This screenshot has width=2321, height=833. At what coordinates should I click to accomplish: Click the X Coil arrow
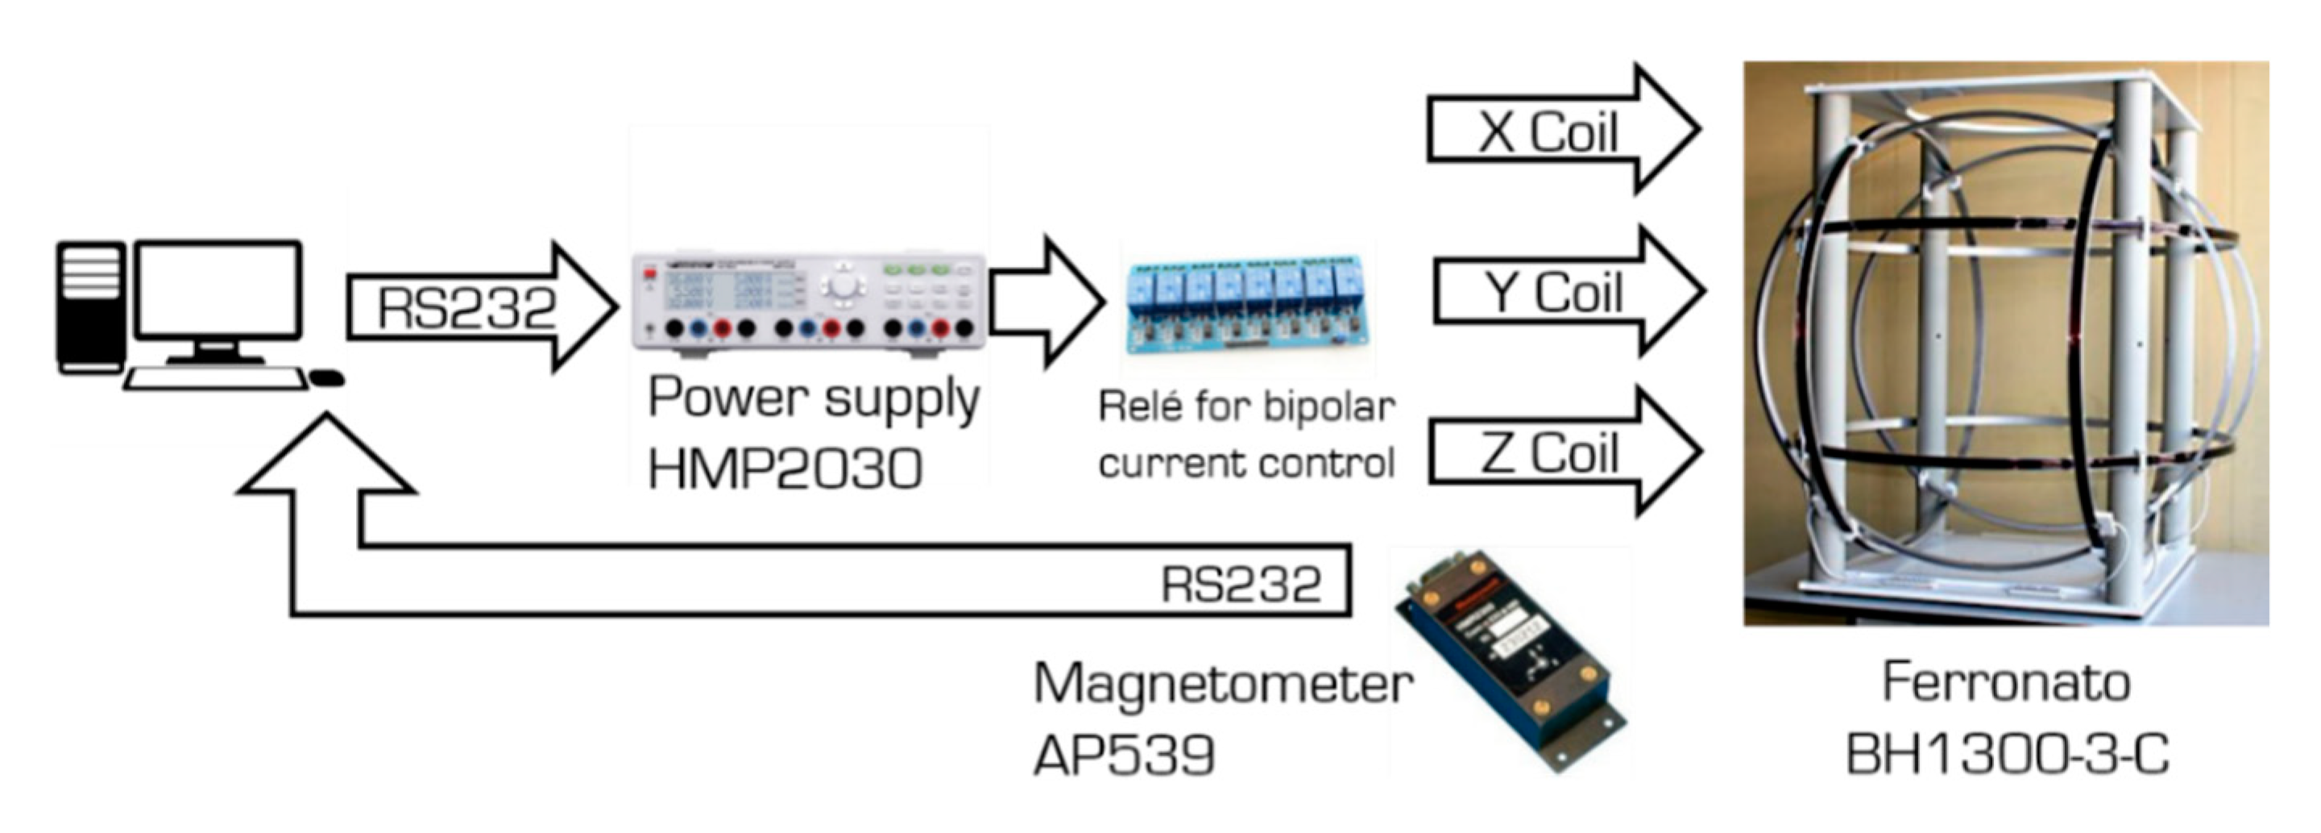[x=1563, y=129]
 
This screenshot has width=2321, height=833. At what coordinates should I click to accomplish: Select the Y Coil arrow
[x=1568, y=290]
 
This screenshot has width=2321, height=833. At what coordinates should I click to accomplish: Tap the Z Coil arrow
[x=1565, y=451]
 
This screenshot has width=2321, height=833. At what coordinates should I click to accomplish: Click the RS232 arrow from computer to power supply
[x=482, y=307]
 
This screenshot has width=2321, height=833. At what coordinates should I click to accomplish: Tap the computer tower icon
[x=90, y=307]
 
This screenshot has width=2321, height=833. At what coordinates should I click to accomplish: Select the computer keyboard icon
[x=215, y=379]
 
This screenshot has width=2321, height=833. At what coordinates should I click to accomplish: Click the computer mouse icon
[x=326, y=377]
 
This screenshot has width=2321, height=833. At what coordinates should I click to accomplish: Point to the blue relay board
[x=1246, y=304]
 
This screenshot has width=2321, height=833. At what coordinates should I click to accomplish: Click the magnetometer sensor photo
[x=1510, y=660]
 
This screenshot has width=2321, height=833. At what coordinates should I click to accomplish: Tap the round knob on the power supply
[x=843, y=285]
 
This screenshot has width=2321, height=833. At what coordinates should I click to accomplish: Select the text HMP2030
[x=785, y=469]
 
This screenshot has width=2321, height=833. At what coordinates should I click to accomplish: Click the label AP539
[x=1124, y=754]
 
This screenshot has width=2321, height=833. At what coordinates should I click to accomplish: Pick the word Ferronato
[x=2007, y=682]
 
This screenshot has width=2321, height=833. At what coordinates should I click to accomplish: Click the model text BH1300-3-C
[x=2007, y=754]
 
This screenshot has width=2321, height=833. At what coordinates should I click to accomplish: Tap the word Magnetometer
[x=1223, y=683]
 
